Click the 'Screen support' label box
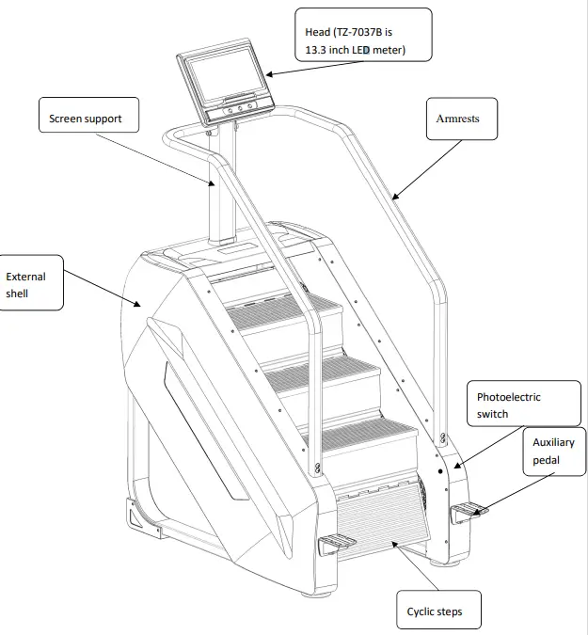86,119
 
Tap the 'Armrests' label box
458,119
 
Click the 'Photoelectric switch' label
508,405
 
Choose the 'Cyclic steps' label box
434,611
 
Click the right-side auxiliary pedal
469,511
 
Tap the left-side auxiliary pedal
338,543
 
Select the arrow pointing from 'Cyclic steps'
415,569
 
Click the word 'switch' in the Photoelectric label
492,414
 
